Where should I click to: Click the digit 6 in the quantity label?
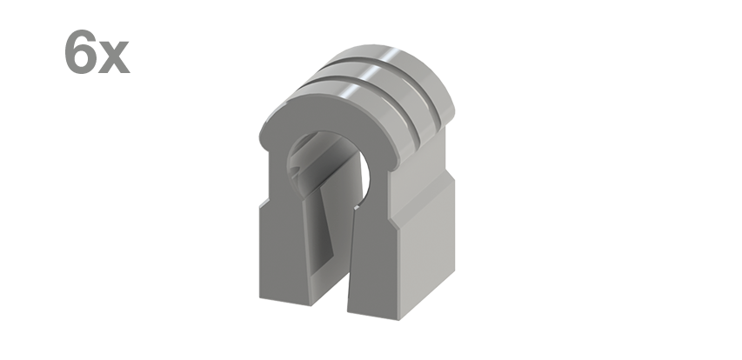(80, 52)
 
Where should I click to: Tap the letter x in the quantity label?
(114, 57)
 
